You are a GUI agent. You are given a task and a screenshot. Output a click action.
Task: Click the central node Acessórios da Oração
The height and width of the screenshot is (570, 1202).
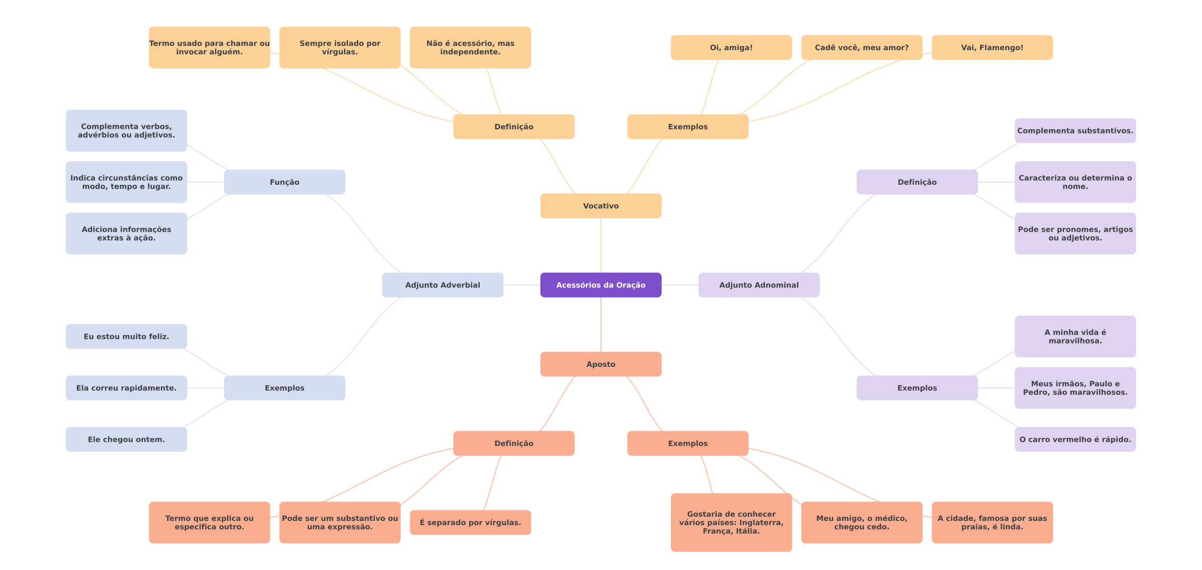point(600,285)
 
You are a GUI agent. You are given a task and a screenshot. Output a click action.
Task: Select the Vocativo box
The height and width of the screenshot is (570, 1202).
point(600,206)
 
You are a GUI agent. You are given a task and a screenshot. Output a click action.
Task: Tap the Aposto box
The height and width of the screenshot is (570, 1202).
point(600,364)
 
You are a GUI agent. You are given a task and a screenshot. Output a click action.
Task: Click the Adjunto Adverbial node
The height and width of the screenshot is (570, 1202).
point(442,285)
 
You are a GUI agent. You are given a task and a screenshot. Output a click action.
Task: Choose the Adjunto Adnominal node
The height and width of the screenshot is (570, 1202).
point(759,285)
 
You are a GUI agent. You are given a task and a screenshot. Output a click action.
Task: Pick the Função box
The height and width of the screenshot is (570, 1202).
point(284,182)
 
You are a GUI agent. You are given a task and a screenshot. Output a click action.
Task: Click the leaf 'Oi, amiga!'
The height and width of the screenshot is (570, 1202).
point(731,47)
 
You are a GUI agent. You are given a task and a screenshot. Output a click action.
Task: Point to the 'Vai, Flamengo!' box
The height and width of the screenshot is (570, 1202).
point(992,47)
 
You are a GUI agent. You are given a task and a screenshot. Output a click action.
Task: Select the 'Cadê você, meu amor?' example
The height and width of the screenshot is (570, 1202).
point(861,47)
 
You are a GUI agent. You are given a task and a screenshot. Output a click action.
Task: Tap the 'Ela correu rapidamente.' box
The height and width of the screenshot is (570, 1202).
point(126,388)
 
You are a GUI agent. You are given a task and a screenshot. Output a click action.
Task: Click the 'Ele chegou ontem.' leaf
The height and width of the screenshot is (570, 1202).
point(126,439)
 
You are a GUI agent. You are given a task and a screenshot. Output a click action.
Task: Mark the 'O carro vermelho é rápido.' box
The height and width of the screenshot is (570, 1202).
point(1075,439)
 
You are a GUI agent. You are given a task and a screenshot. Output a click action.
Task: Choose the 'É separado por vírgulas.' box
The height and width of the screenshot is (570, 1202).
point(470,522)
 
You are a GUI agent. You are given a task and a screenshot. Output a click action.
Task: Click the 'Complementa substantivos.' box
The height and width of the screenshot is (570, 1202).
point(1075,130)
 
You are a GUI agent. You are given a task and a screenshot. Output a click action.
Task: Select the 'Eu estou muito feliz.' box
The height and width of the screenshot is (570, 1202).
point(126,336)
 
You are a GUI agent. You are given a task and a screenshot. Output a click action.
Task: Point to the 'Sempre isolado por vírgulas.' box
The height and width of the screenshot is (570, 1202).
point(340,47)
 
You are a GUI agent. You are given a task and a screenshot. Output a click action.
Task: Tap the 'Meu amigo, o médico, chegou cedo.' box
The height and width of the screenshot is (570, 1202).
point(861,522)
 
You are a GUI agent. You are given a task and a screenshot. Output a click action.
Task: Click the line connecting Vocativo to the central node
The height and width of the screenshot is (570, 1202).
point(601,245)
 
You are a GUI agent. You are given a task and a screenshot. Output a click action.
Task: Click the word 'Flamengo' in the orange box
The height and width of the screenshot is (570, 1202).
point(1000,47)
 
